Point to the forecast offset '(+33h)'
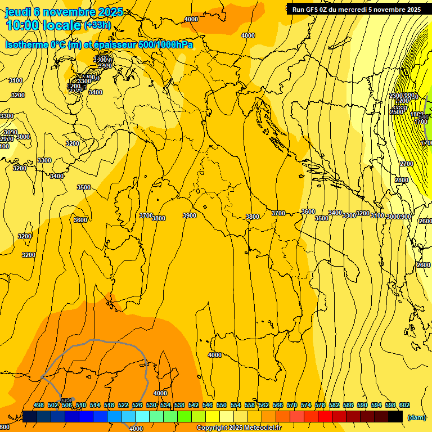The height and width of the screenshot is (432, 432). [97, 25]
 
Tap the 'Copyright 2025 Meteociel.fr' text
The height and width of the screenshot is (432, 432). [238, 428]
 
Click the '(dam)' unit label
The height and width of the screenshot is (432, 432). [416, 417]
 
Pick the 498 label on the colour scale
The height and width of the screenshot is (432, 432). [39, 405]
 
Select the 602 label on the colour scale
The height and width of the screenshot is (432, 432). [404, 405]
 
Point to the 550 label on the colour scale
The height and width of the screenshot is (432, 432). [222, 405]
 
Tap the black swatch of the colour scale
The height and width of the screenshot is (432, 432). [395, 417]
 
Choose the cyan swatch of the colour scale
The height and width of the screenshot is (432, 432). [142, 417]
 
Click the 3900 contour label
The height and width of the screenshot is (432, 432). [189, 215]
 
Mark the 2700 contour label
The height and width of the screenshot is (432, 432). [406, 164]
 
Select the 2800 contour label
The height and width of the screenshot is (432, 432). [401, 180]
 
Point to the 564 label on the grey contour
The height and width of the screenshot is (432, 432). [66, 400]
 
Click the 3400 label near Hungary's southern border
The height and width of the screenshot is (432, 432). [335, 213]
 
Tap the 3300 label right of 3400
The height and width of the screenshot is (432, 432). [349, 215]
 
